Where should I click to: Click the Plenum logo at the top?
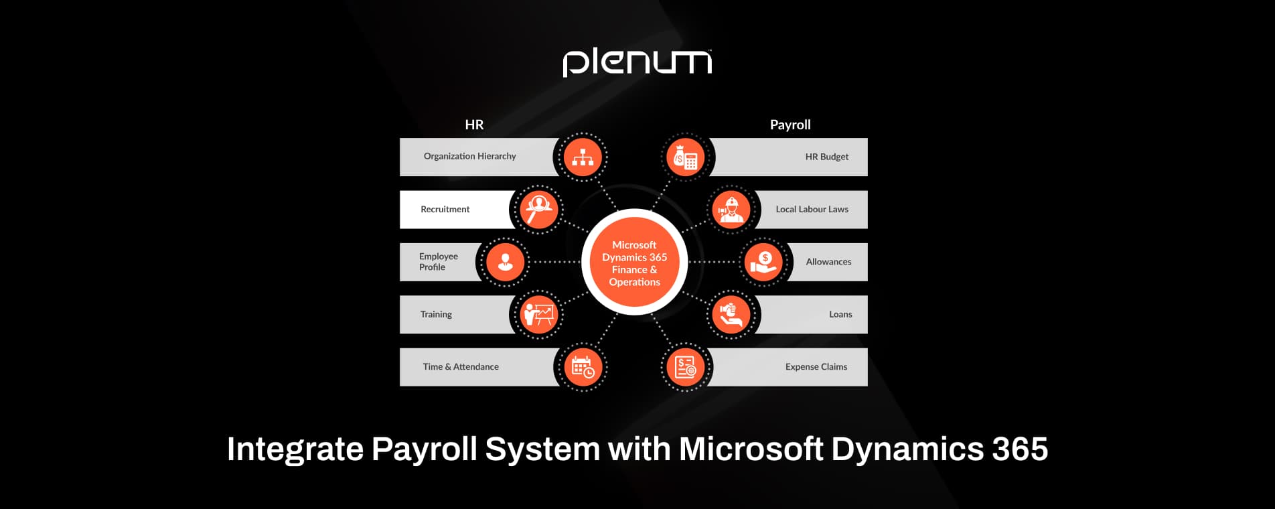(637, 62)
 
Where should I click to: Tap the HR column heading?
(474, 125)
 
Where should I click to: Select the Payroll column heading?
(790, 125)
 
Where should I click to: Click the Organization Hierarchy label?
(469, 156)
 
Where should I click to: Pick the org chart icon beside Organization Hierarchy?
(583, 157)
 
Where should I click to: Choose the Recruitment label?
(445, 209)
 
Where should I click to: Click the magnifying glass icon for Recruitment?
(538, 210)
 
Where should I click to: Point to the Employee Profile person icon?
(505, 262)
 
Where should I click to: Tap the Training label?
(436, 314)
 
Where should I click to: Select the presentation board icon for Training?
(538, 314)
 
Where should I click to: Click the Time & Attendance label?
(461, 366)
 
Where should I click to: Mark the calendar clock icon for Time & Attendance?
(583, 367)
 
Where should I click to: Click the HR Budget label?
(826, 157)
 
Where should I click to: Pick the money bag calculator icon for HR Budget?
(686, 158)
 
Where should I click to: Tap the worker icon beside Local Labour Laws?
(731, 210)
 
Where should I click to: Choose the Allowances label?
(828, 262)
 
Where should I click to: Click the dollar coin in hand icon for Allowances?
(763, 262)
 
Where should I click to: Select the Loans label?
(840, 314)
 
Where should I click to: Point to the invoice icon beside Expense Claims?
(686, 367)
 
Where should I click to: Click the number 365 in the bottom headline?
(1020, 449)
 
